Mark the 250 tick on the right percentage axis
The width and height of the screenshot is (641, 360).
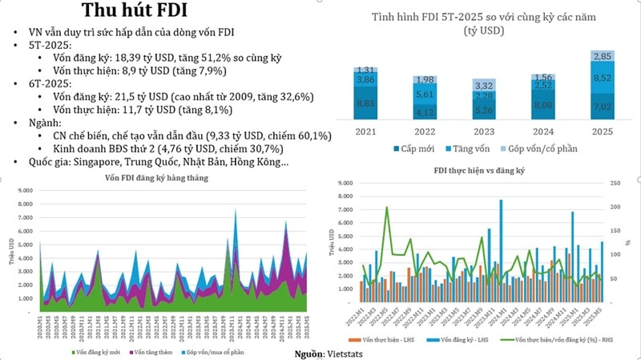pyautogui.click(x=614, y=184)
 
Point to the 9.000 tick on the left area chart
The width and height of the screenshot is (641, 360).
pyautogui.click(x=24, y=191)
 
